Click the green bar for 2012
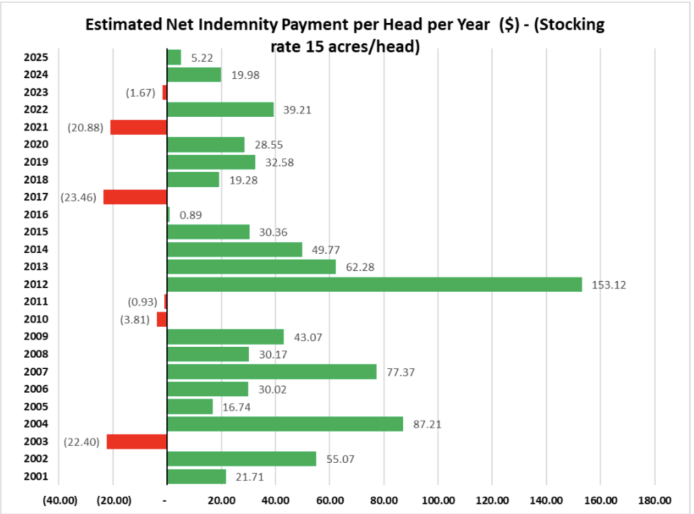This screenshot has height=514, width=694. [x=374, y=284]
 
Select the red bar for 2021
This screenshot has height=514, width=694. [x=138, y=127]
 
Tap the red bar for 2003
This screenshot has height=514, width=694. [x=137, y=442]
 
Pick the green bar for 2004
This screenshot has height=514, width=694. [x=285, y=424]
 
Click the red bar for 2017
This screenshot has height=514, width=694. [x=135, y=197]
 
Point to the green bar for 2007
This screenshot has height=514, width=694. [x=272, y=371]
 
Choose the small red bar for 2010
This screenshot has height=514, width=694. [x=162, y=319]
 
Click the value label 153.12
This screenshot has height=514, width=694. [x=609, y=285]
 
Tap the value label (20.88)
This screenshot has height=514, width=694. [x=85, y=128]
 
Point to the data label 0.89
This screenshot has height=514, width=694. [x=190, y=215]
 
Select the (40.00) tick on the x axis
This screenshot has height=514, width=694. [x=59, y=500]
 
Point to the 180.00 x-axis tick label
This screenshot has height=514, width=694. [x=655, y=500]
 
